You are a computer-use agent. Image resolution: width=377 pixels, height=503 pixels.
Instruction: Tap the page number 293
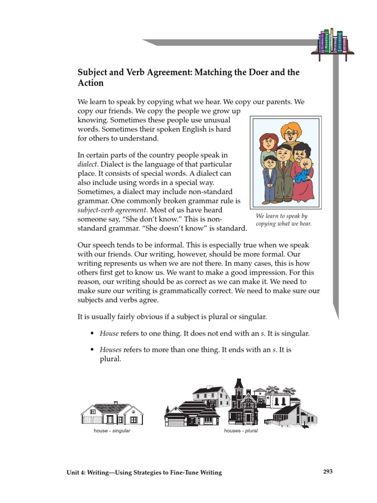[328, 472]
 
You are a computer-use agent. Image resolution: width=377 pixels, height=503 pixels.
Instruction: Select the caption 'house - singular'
[112, 431]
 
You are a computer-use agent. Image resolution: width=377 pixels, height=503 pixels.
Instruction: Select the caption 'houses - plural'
[241, 431]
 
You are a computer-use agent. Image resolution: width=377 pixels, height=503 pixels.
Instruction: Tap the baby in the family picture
[306, 172]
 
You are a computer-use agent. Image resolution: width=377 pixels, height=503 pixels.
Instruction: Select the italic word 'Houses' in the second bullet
[110, 350]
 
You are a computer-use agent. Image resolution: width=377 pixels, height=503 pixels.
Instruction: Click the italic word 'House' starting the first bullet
[109, 334]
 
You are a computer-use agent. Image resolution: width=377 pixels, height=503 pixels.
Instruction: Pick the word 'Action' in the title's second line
[91, 84]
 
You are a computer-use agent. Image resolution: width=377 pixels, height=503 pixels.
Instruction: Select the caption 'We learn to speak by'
[281, 216]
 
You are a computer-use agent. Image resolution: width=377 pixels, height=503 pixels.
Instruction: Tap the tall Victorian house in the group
[240, 400]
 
